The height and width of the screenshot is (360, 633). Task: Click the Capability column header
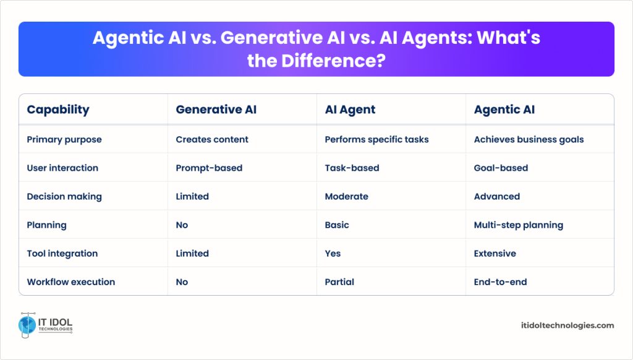[x=58, y=109]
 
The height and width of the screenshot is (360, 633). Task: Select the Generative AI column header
[x=216, y=109]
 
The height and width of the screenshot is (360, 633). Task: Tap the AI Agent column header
[x=350, y=109]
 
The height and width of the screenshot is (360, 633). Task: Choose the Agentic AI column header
[x=504, y=109]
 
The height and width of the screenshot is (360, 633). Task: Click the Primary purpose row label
[x=64, y=139]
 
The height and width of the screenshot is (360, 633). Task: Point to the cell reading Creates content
[x=212, y=139]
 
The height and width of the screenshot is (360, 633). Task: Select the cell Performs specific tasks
[x=376, y=139]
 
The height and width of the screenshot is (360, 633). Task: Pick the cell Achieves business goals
[x=529, y=139]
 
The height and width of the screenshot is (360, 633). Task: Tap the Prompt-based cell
[x=209, y=168]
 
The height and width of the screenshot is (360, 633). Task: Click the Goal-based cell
[x=501, y=168]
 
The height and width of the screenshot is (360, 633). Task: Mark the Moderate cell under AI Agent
[x=346, y=196]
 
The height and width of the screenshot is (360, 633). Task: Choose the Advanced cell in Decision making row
[x=497, y=196]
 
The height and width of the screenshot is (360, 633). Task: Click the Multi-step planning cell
[x=519, y=225]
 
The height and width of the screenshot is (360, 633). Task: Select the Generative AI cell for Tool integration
[x=192, y=254]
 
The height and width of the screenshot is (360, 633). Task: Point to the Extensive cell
[x=495, y=254]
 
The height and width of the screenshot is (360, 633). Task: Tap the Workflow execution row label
[x=70, y=282]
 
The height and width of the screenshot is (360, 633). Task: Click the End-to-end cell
[x=500, y=282]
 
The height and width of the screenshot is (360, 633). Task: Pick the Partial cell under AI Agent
[x=339, y=282]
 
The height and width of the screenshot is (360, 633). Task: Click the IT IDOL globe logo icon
[x=27, y=325]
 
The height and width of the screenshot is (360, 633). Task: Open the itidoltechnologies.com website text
[x=567, y=325]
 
